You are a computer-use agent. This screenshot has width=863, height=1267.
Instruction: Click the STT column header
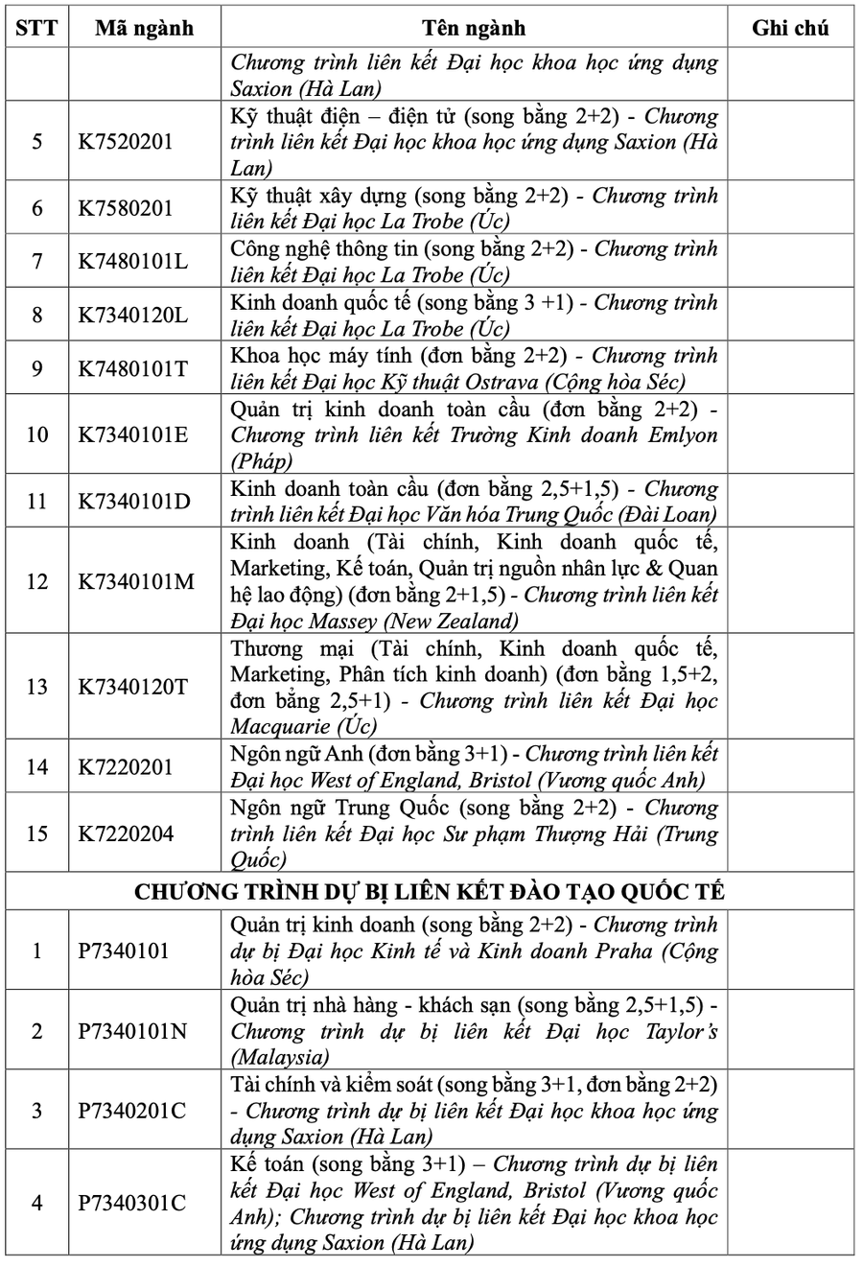tap(36, 28)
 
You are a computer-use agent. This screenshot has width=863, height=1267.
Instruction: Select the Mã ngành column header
tap(144, 28)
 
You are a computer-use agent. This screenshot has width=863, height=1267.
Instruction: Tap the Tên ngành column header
tap(474, 28)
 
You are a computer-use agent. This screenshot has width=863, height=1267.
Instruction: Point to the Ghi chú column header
tap(790, 28)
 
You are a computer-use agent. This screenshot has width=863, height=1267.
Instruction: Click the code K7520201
tap(126, 142)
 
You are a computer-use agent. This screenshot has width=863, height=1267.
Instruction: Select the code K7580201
tap(126, 208)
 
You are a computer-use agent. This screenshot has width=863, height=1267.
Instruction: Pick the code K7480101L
tap(132, 261)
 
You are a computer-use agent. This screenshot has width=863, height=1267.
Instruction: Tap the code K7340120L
tap(132, 315)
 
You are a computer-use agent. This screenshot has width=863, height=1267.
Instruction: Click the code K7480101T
tap(132, 367)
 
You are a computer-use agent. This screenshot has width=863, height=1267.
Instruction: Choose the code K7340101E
tap(133, 434)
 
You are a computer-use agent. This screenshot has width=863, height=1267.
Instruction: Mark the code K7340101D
tap(133, 501)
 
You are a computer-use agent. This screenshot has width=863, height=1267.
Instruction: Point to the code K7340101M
tap(135, 580)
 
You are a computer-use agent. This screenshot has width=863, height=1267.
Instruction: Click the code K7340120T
tap(133, 687)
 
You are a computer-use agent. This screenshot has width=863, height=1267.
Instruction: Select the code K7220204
tap(126, 833)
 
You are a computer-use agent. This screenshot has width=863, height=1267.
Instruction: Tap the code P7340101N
tap(132, 1031)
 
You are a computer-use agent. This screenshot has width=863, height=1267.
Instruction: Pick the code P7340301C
tap(132, 1203)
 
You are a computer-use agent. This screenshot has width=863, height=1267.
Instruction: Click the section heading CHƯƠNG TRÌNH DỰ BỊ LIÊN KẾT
tap(430, 891)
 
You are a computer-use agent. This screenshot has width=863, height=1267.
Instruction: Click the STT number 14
tap(36, 766)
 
